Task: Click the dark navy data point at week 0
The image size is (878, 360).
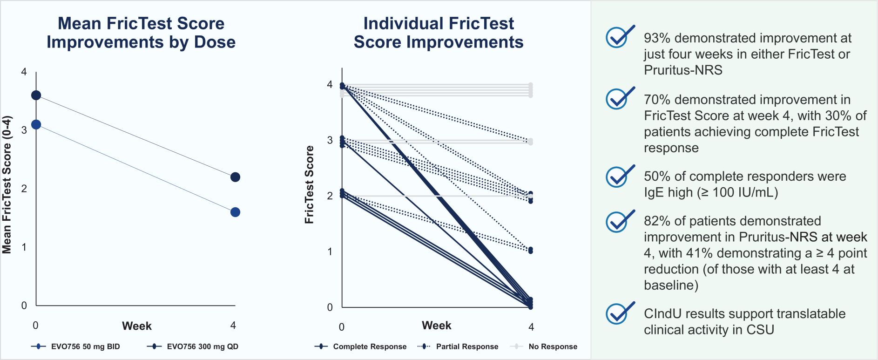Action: coord(36,95)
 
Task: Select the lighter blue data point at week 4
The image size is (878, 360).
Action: coord(235,212)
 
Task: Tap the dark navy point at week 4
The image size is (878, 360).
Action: coord(235,177)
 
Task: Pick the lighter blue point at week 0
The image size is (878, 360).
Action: coord(36,125)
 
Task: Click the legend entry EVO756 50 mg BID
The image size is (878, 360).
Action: coord(75,346)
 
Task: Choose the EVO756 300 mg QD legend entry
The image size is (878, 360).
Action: coord(193,346)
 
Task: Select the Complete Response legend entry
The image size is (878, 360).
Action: coord(360,346)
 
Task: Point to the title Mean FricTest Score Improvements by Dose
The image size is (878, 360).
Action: coord(141,33)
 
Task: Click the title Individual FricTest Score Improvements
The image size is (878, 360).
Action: coord(439,33)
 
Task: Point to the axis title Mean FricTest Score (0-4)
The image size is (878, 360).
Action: coord(7,185)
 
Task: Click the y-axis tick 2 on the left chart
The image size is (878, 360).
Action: coord(24,189)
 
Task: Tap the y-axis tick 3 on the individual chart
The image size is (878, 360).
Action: coord(330,140)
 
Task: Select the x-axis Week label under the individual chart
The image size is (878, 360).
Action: coord(436,326)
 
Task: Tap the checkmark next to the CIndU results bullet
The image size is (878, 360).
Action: coord(619,313)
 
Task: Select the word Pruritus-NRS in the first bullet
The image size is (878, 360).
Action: coord(683,70)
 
